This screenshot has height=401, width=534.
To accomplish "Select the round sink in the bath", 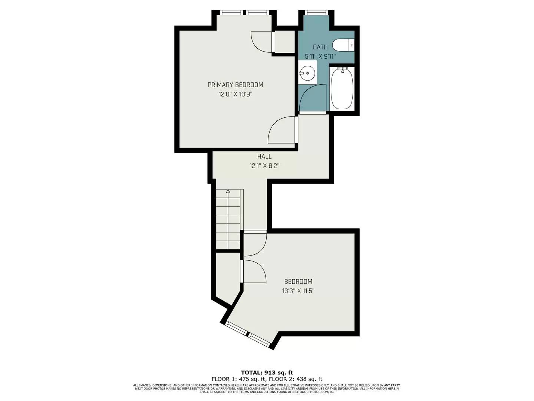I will (x=307, y=73).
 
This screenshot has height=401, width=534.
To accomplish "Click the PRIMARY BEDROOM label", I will (x=235, y=85).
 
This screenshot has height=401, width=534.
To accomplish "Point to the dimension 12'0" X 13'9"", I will (x=235, y=94).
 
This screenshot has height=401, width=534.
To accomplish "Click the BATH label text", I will (x=320, y=47).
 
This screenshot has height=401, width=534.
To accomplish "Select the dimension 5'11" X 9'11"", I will (x=320, y=56).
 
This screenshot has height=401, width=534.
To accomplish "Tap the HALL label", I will (x=264, y=157).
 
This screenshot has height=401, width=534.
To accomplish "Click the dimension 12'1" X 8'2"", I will (x=264, y=166).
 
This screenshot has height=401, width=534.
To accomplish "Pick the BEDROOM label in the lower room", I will (x=298, y=282).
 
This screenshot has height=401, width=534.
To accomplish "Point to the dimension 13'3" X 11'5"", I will (x=298, y=291).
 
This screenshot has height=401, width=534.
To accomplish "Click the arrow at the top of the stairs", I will (x=228, y=192).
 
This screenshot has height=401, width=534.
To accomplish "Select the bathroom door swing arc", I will (x=311, y=97).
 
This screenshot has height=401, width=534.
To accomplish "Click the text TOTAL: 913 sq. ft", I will (x=267, y=372).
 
